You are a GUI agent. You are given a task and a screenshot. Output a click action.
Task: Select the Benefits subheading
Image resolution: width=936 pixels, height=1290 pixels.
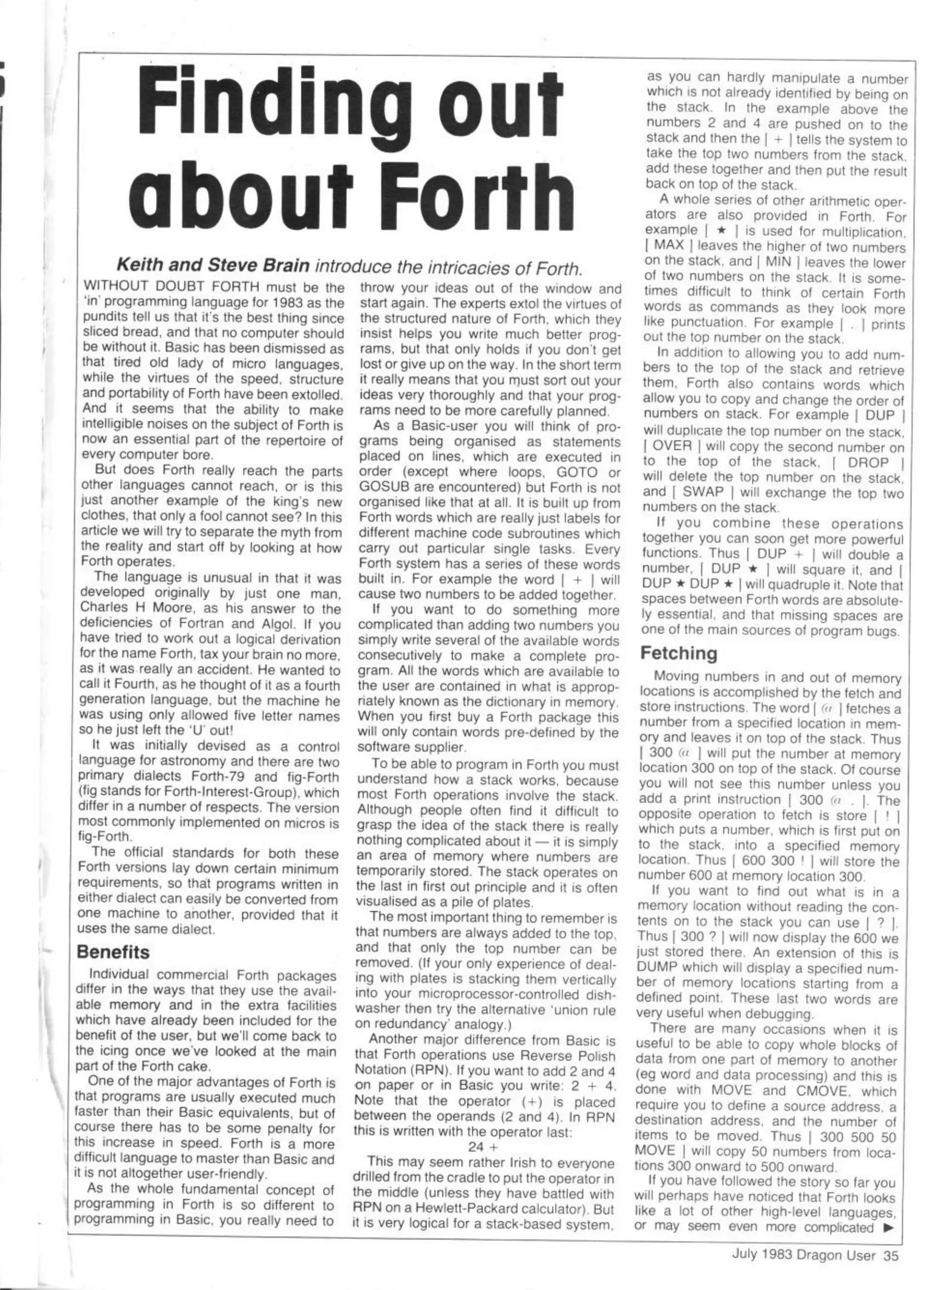tap(113, 952)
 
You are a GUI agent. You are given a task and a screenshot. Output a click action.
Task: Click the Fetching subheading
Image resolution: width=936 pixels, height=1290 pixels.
tap(679, 653)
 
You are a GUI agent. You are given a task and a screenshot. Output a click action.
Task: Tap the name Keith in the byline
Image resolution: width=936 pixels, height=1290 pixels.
tap(139, 265)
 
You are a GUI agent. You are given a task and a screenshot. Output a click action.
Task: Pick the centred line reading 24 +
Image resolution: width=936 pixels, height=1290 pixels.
tap(483, 1147)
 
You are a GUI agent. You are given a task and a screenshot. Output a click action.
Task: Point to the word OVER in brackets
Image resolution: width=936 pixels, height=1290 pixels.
tap(672, 446)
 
